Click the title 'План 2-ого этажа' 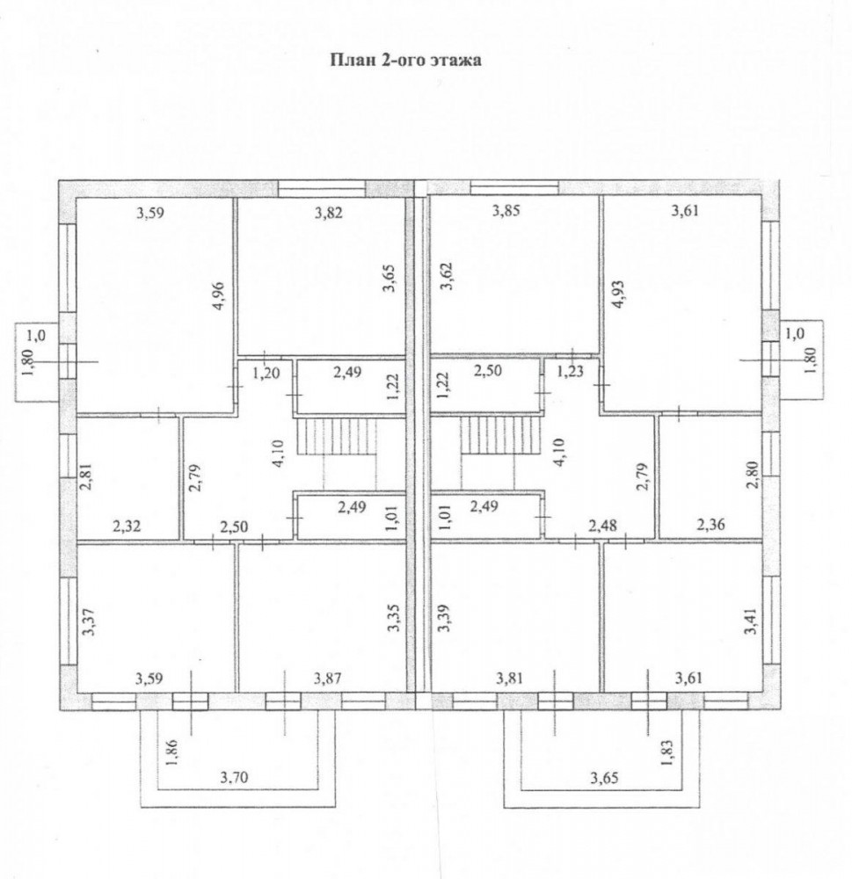tap(405, 60)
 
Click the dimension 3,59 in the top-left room tap(150, 213)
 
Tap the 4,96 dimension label tap(218, 294)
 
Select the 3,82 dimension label tap(329, 213)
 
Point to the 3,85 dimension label tap(506, 211)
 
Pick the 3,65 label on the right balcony tap(605, 778)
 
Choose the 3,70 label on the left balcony tap(234, 778)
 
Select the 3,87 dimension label tap(328, 679)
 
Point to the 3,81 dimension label tap(509, 679)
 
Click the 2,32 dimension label tap(127, 526)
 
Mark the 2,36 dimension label tap(710, 524)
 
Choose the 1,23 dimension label tap(570, 371)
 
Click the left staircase tap(336, 436)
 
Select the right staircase tap(499, 436)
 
